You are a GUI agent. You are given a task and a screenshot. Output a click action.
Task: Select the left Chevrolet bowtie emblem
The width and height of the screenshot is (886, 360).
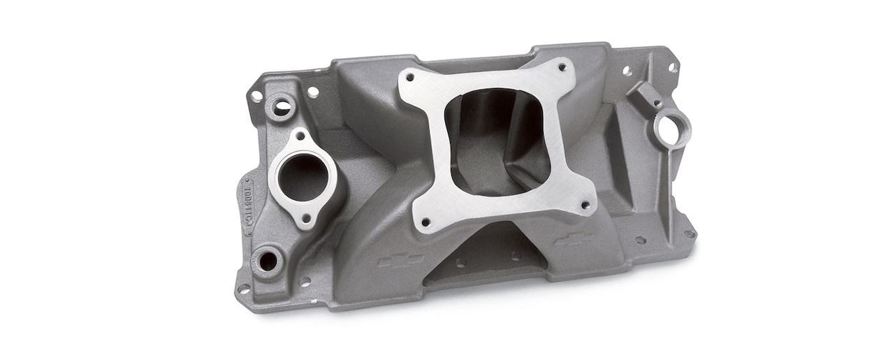[x=400, y=260]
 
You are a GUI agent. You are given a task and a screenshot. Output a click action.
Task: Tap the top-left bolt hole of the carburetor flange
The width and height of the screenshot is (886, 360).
[x=410, y=78]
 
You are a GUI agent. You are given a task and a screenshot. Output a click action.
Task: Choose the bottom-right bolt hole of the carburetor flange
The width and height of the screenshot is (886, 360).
[x=585, y=206]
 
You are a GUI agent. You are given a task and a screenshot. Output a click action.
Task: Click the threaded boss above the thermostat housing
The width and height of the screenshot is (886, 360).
[x=282, y=107]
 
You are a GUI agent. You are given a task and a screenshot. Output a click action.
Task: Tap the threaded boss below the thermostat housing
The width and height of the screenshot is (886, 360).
[x=268, y=261]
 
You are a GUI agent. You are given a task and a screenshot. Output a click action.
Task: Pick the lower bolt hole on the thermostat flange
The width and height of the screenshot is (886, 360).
[x=305, y=219]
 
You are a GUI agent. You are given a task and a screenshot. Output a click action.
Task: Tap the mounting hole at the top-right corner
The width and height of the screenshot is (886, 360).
[x=672, y=68]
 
